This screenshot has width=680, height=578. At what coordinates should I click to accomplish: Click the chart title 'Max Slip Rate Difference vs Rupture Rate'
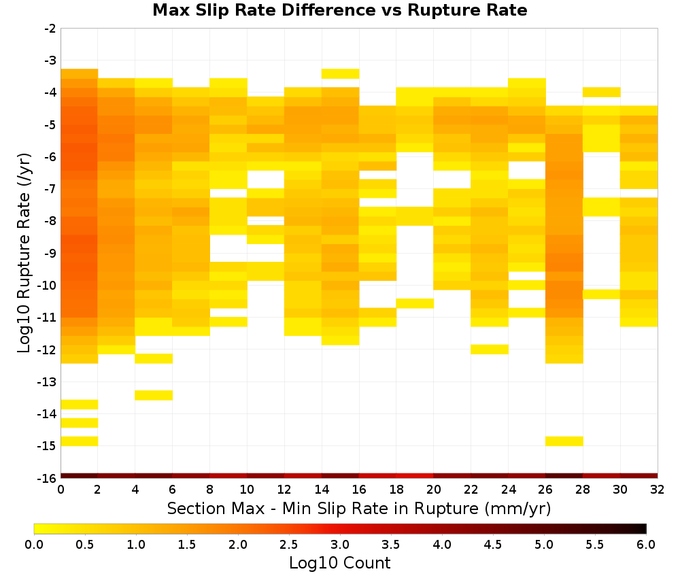339,10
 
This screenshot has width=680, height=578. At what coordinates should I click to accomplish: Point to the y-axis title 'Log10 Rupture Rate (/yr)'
24,253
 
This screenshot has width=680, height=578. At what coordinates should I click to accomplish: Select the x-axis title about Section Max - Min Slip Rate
358,509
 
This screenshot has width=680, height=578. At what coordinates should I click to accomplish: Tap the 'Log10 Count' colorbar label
339,563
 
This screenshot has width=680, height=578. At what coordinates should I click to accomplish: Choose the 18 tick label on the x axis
396,490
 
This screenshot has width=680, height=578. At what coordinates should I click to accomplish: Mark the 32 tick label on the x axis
658,490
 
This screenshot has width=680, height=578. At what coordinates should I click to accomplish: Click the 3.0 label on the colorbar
339,544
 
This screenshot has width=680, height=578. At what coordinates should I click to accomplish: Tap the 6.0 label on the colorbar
646,544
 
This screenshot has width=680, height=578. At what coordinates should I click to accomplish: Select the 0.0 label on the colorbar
34,544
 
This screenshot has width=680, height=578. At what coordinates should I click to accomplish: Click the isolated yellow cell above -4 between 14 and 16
341,73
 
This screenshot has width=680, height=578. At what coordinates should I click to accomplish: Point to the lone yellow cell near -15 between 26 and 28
564,441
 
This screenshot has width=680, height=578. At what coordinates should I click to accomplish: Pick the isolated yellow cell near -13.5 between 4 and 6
154,395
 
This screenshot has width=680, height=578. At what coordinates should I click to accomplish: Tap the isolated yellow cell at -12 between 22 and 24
490,349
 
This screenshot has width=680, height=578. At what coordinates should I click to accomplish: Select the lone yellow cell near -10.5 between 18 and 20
415,303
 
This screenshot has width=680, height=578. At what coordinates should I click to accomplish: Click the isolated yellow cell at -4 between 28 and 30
602,92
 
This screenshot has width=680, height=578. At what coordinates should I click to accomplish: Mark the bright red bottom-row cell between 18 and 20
415,476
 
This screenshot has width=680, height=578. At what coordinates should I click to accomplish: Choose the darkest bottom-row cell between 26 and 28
564,476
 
